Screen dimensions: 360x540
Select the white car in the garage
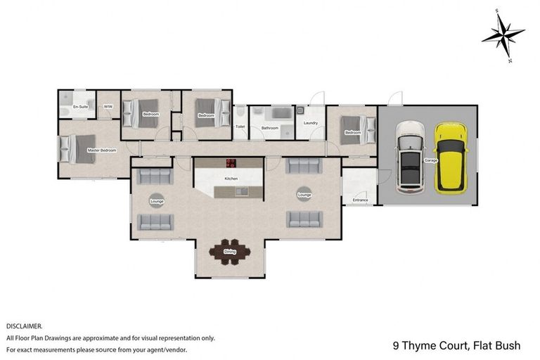point(410,157)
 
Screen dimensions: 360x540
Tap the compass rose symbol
point(503,34)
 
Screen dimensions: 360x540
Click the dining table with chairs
point(230,252)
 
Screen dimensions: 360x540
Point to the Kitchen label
point(231,179)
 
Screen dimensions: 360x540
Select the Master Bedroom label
point(101,150)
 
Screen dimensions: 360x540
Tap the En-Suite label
point(79,107)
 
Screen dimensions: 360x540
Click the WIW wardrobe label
point(108,107)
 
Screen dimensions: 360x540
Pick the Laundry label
point(311,123)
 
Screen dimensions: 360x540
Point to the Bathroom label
point(270,128)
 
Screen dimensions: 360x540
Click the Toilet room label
point(240,127)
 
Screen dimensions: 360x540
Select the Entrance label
point(360,200)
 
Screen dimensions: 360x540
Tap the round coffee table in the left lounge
point(156,200)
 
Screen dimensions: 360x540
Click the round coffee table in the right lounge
point(304,194)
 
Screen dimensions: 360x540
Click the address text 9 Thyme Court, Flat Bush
point(456,346)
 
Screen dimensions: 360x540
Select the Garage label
point(430,160)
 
